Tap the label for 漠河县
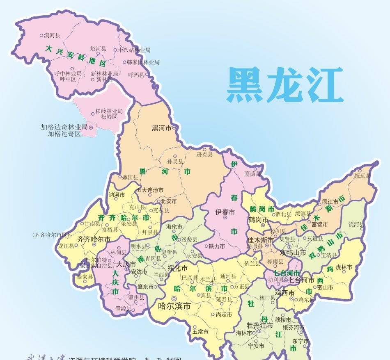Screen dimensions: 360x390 [x=52, y=35]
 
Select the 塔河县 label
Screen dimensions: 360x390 [x=98, y=49]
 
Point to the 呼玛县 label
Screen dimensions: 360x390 [x=136, y=75]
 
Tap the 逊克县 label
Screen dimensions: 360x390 [x=204, y=154]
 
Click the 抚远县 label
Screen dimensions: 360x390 [x=362, y=175]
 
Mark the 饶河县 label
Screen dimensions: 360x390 [x=356, y=224]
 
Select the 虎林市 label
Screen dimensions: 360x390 [x=344, y=267]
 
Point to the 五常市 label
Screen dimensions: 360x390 [x=200, y=332]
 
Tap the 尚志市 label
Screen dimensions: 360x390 [x=224, y=314]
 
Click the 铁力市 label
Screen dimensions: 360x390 [x=217, y=246]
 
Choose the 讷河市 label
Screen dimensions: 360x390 [x=116, y=195]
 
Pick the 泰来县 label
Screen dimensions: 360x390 [x=85, y=277]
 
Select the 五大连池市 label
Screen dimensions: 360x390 [x=150, y=190]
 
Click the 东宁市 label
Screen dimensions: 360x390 [x=301, y=341]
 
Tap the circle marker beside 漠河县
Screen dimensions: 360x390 [x=41, y=35]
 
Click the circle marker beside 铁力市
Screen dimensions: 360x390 [x=206, y=246]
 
